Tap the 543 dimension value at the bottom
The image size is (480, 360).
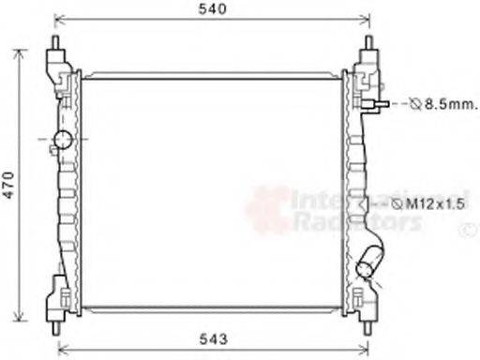click(x=215, y=338)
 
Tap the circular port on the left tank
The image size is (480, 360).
click(x=63, y=142)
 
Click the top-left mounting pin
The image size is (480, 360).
click(x=55, y=45)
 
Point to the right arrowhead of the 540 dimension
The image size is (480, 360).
click(x=367, y=19)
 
